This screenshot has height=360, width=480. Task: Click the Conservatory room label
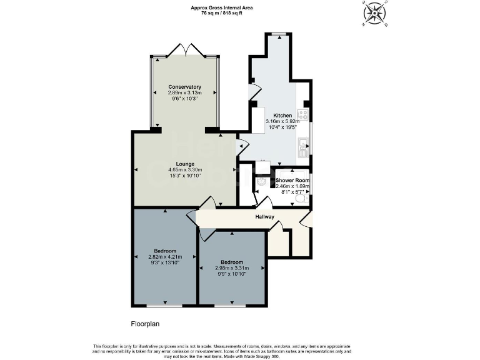click(184, 87)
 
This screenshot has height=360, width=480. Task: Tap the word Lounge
click(185, 164)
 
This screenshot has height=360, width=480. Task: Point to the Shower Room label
click(292, 180)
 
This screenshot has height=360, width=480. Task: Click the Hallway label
click(265, 217)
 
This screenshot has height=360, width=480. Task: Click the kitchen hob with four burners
click(302, 114)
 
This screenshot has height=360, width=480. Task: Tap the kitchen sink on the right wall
click(303, 148)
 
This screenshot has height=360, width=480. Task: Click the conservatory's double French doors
click(185, 51)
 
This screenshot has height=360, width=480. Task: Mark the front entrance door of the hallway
click(305, 218)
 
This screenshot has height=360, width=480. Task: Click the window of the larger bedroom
click(165, 306)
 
